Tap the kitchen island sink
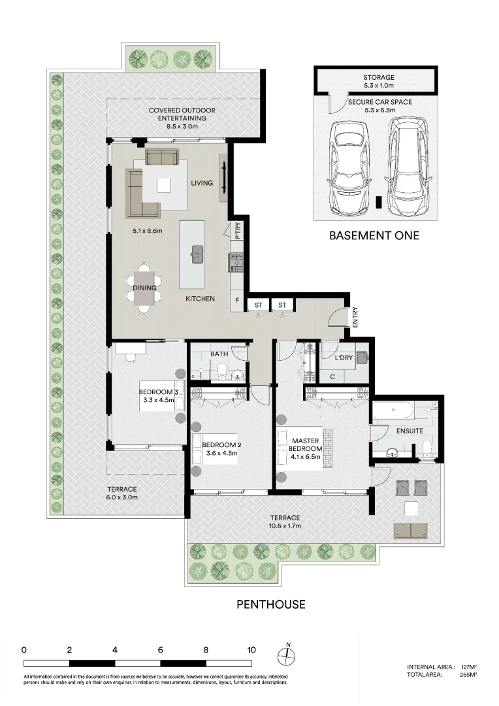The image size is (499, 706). tap(196, 254)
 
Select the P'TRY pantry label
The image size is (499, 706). tap(238, 231)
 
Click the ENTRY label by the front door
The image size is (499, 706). tap(355, 317)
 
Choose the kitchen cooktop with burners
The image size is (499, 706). tap(236, 263)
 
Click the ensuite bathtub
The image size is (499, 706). tap(393, 410)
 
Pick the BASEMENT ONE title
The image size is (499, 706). tap(374, 235)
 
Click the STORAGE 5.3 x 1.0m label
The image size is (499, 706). tap(379, 81)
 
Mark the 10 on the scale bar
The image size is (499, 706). tap(251, 650)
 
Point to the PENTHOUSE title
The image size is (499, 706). tap(271, 604)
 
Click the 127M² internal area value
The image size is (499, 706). tap(470, 667)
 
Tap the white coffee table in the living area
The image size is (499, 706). tap(164, 186)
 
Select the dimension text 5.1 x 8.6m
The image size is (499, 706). tap(147, 231)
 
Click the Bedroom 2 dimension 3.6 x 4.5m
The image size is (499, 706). tap(222, 453)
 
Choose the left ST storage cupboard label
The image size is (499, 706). tap(258, 305)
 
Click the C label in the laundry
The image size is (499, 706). tap(332, 377)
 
